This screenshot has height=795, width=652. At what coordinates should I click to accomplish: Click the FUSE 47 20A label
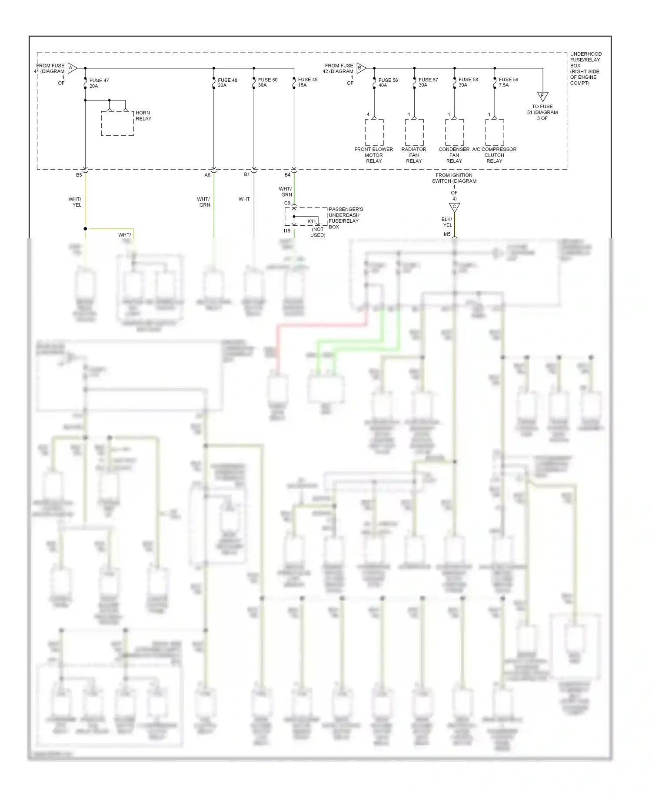click(99, 83)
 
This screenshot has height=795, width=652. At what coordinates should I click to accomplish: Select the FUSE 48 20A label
click(227, 83)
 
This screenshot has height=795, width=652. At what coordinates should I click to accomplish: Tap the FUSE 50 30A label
click(267, 82)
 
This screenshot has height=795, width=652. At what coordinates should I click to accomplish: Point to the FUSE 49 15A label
click(307, 82)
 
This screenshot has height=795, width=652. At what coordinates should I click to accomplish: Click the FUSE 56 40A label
click(388, 83)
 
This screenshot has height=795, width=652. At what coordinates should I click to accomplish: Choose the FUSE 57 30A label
click(428, 82)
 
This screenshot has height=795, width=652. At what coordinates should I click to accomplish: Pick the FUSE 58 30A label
click(468, 82)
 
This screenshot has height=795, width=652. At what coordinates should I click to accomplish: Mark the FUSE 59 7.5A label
click(508, 82)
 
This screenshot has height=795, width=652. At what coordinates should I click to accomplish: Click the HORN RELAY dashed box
click(117, 123)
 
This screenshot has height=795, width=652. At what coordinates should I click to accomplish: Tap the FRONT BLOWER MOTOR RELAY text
click(373, 155)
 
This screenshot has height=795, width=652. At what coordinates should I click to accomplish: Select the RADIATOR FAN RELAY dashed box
click(414, 132)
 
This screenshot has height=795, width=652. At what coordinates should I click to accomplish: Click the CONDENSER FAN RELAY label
click(454, 155)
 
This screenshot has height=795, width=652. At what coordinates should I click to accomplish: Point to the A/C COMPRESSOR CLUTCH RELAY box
click(495, 132)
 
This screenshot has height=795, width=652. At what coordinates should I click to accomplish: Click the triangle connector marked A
click(72, 68)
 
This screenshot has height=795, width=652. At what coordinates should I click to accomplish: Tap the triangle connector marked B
click(361, 68)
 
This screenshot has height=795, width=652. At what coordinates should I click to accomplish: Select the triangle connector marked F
click(542, 96)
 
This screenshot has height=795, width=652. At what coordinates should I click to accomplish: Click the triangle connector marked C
click(454, 207)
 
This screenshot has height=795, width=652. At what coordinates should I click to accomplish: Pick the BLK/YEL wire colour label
click(447, 222)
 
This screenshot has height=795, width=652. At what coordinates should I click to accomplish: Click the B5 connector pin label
click(79, 175)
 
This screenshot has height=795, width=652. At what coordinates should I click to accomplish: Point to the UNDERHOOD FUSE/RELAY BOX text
click(585, 68)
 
